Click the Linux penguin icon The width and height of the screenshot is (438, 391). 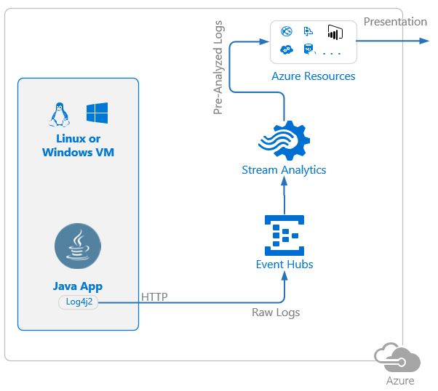coord(57,114)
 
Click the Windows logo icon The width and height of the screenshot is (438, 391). coord(97,113)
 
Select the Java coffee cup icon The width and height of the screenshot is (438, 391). coord(78,247)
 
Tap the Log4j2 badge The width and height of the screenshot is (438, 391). coord(78,302)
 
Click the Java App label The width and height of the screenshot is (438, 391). coord(78,286)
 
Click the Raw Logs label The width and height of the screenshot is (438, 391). coord(276,313)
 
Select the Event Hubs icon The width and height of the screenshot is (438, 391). coord(284,233)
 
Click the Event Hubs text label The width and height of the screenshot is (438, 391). coord(284,265)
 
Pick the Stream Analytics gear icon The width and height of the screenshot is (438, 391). coord(284,140)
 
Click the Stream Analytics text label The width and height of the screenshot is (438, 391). coord(284,170)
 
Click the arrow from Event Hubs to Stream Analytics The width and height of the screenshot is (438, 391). coord(284,196)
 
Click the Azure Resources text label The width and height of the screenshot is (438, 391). coord(314,76)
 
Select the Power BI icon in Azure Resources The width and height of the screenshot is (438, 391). coord(335,32)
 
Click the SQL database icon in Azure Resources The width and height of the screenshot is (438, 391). coord(308,50)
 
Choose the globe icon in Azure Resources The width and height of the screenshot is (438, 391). coord(286,31)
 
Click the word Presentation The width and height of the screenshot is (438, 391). coord(395,22)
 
